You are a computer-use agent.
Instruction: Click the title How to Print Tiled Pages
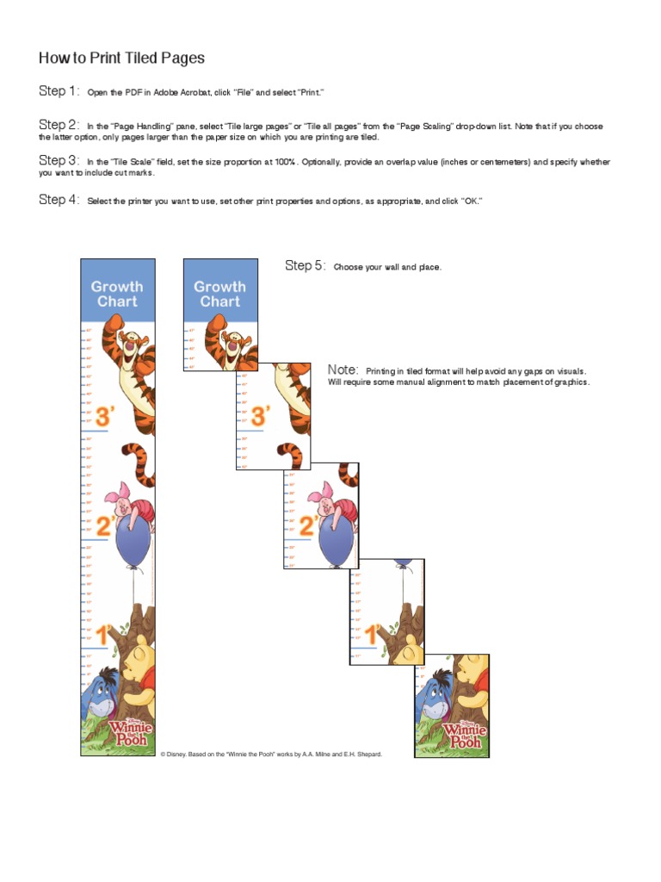[121, 59]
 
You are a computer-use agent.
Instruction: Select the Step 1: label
[59, 91]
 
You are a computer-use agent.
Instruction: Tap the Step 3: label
[59, 161]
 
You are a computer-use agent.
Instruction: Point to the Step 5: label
[306, 266]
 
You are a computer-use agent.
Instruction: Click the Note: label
[343, 370]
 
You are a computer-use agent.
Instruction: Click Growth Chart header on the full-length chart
[117, 294]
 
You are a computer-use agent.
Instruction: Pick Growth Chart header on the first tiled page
[219, 294]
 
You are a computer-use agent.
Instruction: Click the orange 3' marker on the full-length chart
[105, 418]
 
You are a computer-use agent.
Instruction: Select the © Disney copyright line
[270, 754]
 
